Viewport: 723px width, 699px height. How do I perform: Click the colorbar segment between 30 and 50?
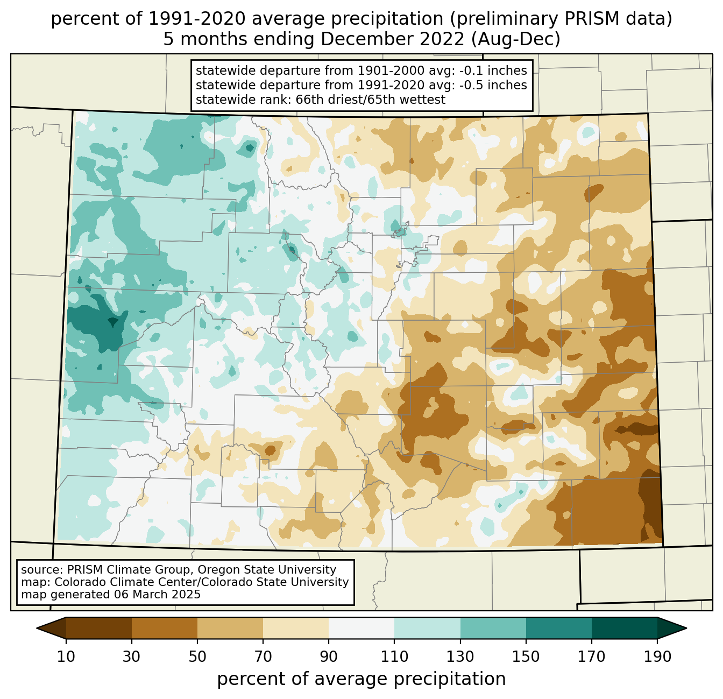tap(164, 628)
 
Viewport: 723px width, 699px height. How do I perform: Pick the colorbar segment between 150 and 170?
tap(558, 628)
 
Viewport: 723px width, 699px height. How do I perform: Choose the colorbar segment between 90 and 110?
tap(361, 628)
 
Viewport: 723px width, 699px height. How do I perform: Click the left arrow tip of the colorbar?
tap(37, 628)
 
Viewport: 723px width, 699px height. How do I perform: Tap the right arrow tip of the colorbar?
tap(686, 628)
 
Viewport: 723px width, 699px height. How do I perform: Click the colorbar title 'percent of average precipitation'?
tap(361, 679)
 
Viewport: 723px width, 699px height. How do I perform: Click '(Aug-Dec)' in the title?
tap(516, 39)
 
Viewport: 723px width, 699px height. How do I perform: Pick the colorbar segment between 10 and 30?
tap(99, 628)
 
